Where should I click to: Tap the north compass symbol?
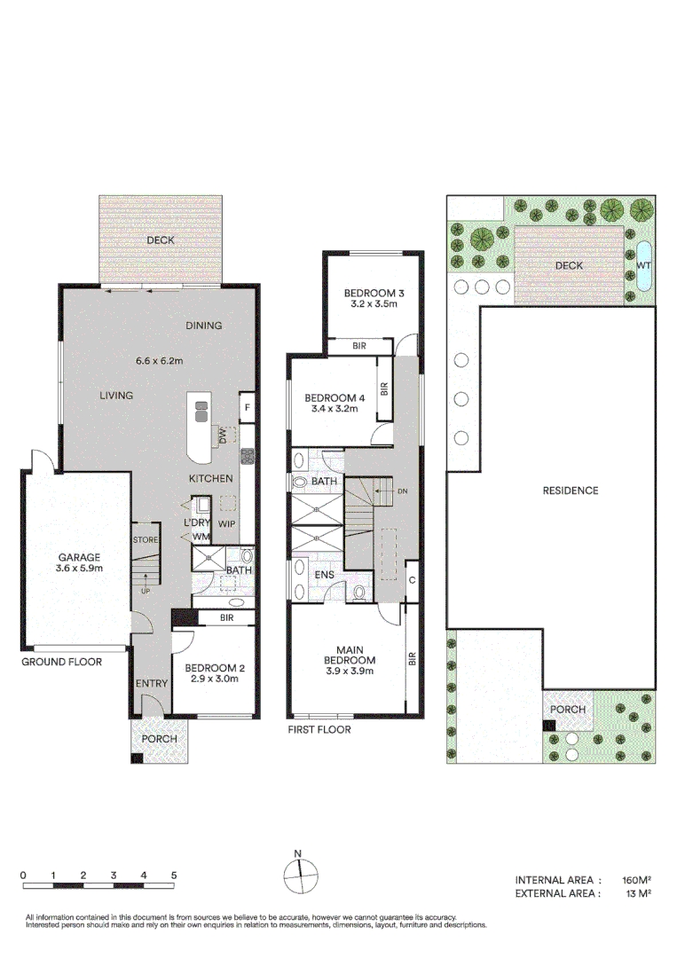click(x=300, y=875)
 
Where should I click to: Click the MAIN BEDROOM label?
click(x=350, y=654)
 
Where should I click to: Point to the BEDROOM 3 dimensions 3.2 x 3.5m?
click(x=374, y=304)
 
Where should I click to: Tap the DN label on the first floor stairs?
click(x=403, y=491)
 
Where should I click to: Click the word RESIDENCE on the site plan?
click(x=570, y=491)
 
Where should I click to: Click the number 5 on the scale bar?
click(x=174, y=876)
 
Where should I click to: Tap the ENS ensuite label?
click(x=325, y=576)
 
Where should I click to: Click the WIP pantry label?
click(x=227, y=523)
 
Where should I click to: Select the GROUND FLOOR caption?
click(x=62, y=662)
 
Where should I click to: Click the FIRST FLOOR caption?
click(x=319, y=730)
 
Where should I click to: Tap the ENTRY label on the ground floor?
click(x=152, y=683)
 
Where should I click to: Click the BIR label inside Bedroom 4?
click(x=384, y=389)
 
